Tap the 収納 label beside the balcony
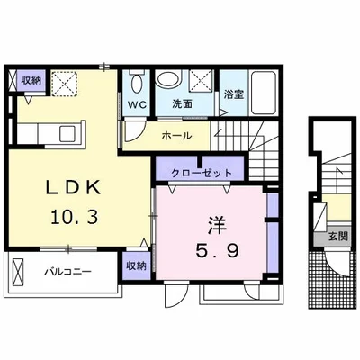click(135, 265)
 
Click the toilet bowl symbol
click(135, 84)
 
